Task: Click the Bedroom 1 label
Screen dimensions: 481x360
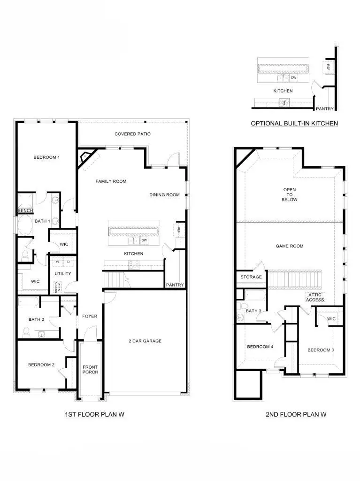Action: coord(46,157)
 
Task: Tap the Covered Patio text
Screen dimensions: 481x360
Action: coord(132,134)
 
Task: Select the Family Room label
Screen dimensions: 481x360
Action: coord(111,181)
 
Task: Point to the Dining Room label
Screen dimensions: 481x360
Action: coord(165,194)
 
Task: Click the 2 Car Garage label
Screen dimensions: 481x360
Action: coord(145,341)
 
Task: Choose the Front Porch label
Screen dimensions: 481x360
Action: coord(90,369)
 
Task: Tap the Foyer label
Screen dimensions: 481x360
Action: coord(90,316)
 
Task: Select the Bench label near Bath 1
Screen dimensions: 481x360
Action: coord(25,211)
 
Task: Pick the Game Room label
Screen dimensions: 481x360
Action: coord(289,246)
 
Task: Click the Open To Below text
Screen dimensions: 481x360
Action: coord(290,194)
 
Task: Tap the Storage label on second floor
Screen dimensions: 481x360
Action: coord(251,277)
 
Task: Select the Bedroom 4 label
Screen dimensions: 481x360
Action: coord(260,347)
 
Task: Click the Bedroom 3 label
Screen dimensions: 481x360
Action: coord(321,350)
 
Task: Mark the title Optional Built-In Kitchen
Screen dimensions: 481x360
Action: coord(294,124)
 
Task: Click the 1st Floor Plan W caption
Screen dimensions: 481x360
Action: coord(94,414)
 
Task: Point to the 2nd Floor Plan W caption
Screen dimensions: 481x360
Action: coord(296,414)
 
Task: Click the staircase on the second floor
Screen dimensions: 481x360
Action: coord(295,279)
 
